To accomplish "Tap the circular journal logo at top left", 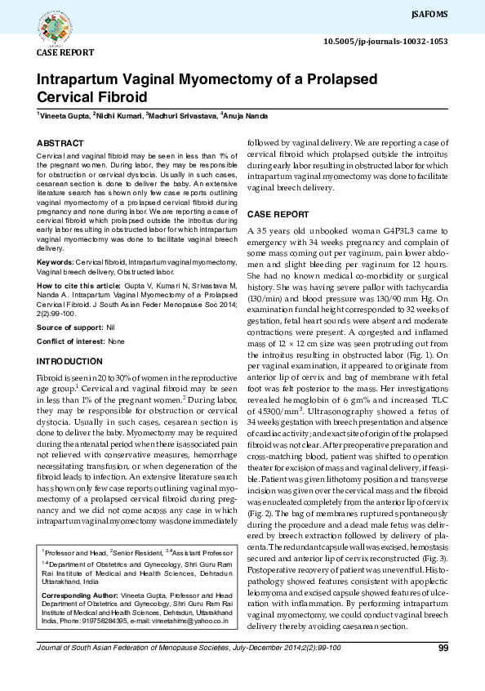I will pos(56,25).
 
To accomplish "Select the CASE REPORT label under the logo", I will pos(65,52).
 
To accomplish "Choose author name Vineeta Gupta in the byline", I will pos(64,118).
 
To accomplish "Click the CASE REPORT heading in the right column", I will pos(278,214).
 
